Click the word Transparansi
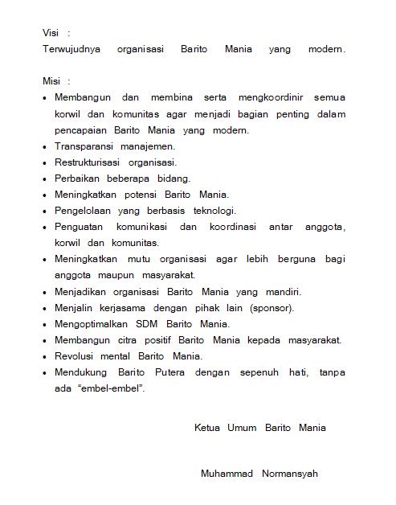pos(84,148)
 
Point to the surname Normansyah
pos(290,474)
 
